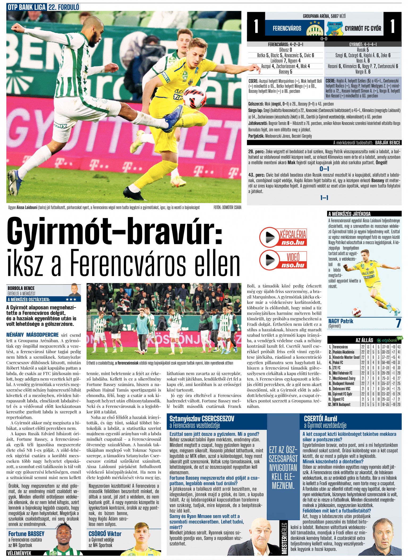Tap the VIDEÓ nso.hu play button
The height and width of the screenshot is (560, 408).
[x=267, y=259]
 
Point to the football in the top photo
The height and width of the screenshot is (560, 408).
[x=194, y=97]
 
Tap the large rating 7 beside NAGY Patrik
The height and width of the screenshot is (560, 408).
[x=398, y=323]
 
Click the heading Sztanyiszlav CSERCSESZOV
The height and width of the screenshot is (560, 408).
[x=202, y=419]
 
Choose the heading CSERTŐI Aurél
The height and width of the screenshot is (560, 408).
[x=320, y=419]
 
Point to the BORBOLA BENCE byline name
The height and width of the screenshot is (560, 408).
[x=21, y=288]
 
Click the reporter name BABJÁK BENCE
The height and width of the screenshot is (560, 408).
[x=388, y=143]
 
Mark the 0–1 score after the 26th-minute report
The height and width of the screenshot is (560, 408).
[x=324, y=169]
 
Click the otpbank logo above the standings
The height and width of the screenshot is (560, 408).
[x=389, y=340]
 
